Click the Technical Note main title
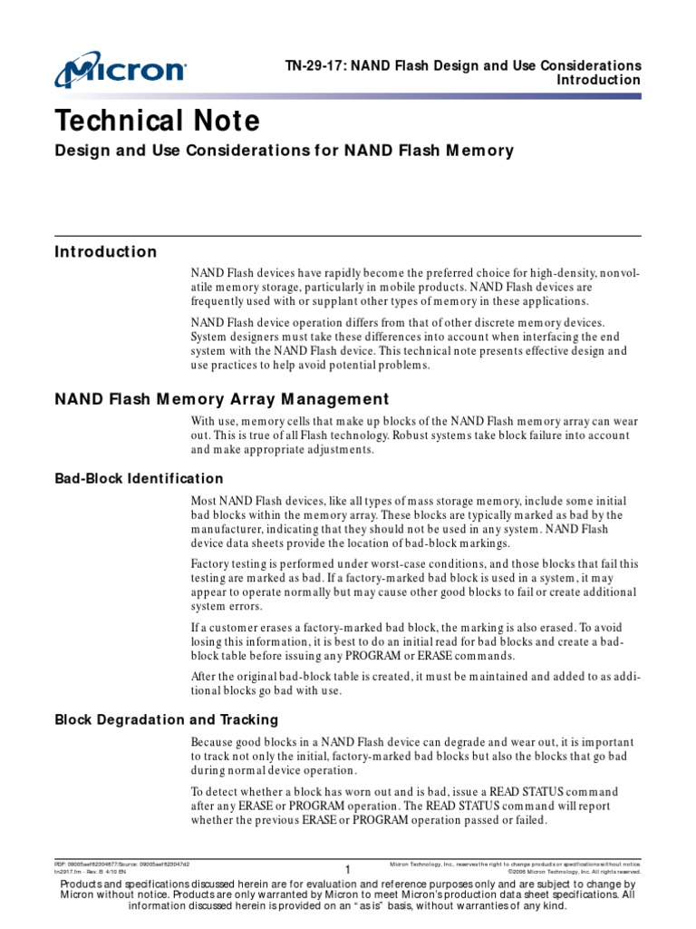pos(158,121)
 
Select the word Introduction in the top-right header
pos(598,81)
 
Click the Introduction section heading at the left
pos(105,252)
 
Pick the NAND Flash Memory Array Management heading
pos(222,399)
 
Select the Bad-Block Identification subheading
pos(139,478)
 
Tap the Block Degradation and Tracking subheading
pos(166,719)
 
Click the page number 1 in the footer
pos(347,870)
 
